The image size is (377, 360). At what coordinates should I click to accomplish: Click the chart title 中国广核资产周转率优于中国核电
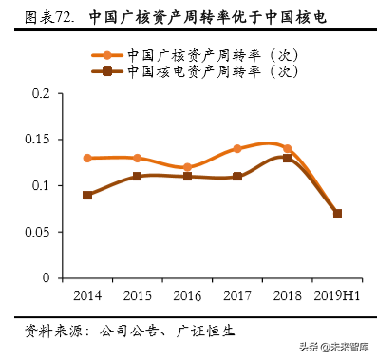click(x=213, y=17)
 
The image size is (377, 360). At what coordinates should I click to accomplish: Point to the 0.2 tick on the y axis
click(x=41, y=93)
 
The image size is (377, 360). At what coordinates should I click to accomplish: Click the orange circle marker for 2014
click(x=87, y=158)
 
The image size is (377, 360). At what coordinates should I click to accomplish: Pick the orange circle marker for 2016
click(x=187, y=167)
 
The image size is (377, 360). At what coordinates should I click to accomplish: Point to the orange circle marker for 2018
click(x=287, y=148)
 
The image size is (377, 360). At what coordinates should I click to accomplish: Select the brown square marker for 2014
click(x=87, y=195)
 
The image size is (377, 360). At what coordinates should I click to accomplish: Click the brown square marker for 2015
click(x=137, y=176)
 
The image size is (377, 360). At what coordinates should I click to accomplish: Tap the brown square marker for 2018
click(x=287, y=158)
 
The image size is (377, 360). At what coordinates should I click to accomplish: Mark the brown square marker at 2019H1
click(x=337, y=213)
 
